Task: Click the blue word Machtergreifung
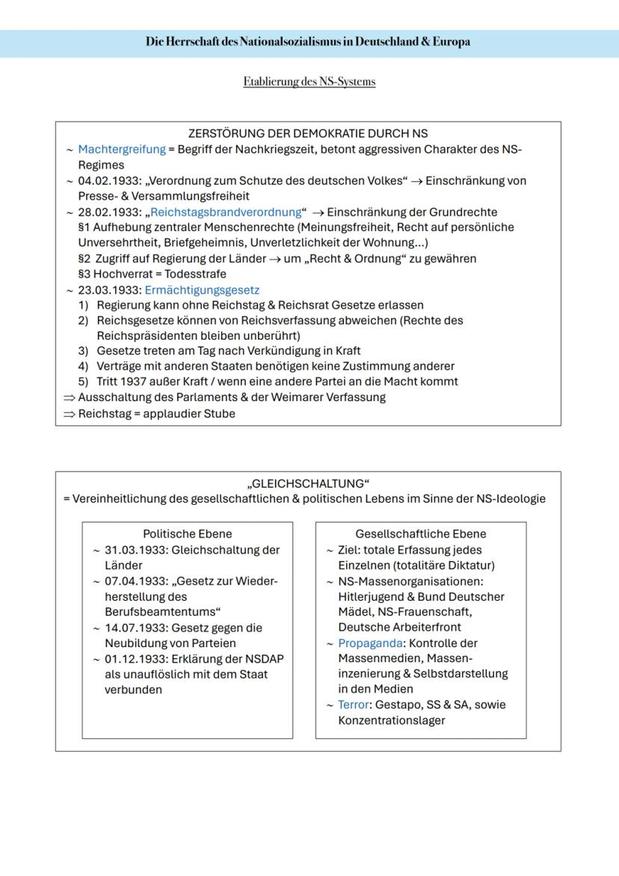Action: [x=122, y=149]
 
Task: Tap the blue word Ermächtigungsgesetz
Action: [x=202, y=290]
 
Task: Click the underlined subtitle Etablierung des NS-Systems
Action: [x=309, y=82]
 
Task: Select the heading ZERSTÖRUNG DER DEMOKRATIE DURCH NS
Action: [x=308, y=134]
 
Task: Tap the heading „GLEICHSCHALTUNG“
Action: [x=308, y=483]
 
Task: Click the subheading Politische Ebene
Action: [x=187, y=533]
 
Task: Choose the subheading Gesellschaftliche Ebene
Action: [x=420, y=533]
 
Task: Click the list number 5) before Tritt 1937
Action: [x=84, y=382]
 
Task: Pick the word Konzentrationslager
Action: [x=392, y=720]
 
